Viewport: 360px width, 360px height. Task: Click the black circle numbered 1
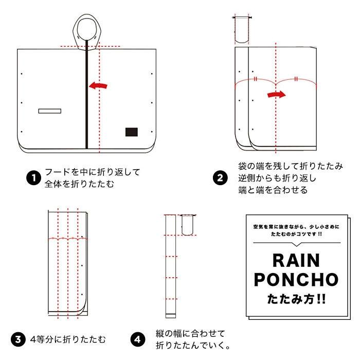coord(33,178)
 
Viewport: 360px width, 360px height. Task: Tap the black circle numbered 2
coord(220,178)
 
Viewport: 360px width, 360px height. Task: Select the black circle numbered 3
coord(19,339)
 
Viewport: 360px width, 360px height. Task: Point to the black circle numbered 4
coord(137,339)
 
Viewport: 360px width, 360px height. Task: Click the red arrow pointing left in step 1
coord(99,86)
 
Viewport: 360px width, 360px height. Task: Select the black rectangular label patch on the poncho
coord(131,132)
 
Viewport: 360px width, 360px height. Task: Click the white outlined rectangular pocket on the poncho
coord(50,111)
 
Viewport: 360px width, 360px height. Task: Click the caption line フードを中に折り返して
coord(92,172)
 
